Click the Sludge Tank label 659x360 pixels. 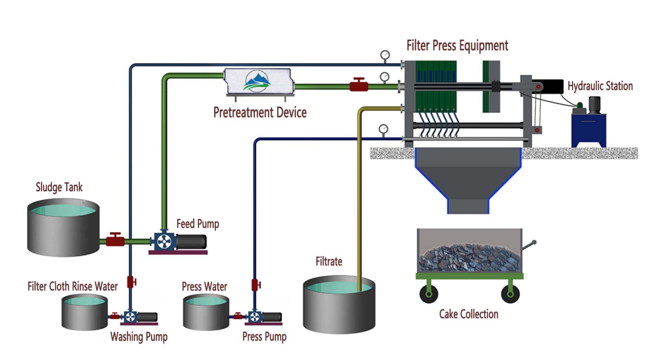point(59,187)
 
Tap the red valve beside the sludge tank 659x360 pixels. point(115,240)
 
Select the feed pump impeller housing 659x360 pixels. point(164,242)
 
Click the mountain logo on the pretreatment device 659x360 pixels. point(257,81)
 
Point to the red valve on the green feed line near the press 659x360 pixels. point(359,85)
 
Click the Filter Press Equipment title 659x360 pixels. point(457,45)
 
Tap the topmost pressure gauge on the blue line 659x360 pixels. point(385,55)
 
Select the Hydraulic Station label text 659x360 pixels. point(600,86)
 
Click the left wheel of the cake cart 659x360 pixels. point(429,293)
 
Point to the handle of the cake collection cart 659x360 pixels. point(529,245)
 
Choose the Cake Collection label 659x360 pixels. point(468,314)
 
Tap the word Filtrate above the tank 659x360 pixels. point(329,262)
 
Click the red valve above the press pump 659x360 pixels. point(256,285)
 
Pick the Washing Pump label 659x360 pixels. point(139,337)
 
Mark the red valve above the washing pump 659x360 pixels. point(131,282)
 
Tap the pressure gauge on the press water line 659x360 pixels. point(383,129)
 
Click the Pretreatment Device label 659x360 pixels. point(260,113)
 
